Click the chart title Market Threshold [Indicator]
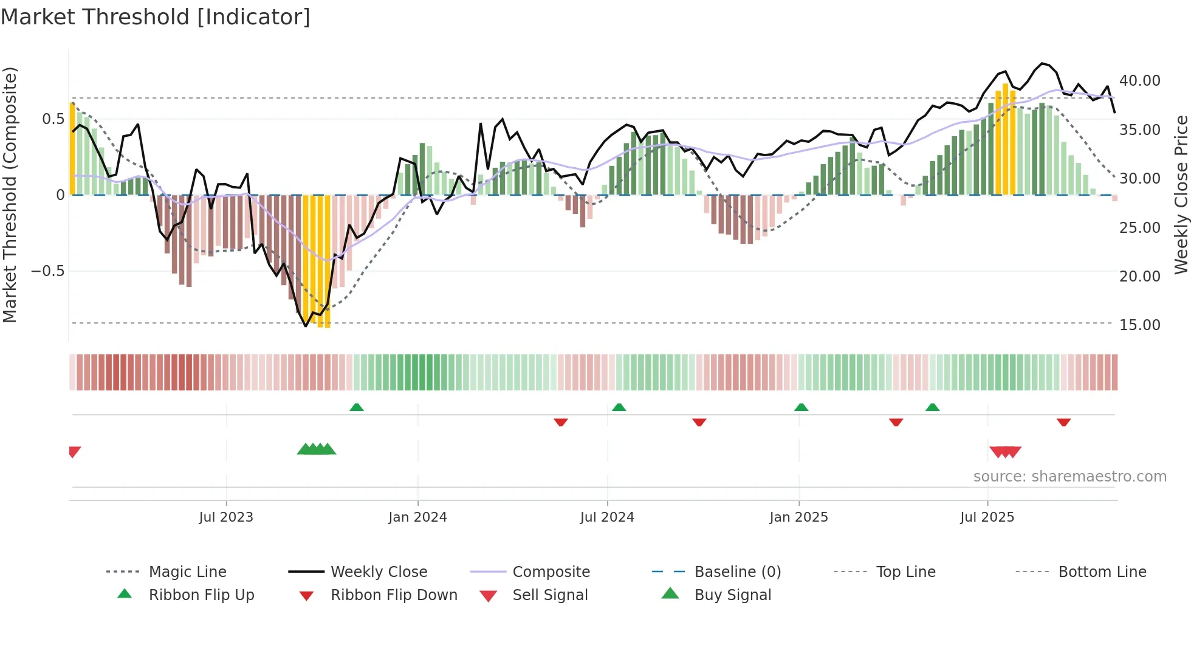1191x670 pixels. click(x=156, y=17)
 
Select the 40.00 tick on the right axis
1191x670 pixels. click(x=1139, y=81)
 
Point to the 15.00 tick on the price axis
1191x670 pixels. click(x=1139, y=325)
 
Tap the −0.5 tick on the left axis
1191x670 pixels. click(x=48, y=271)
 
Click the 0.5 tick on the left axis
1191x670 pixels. click(x=53, y=119)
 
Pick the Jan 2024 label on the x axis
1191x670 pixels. click(x=417, y=517)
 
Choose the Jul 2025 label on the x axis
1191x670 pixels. click(x=987, y=517)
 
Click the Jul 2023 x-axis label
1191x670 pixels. click(x=225, y=517)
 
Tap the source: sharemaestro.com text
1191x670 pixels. click(x=1069, y=477)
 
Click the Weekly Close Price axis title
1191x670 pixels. click(x=1181, y=195)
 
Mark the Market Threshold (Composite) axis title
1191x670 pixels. click(x=10, y=195)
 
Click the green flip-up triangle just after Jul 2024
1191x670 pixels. click(x=619, y=407)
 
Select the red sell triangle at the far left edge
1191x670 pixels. click(x=74, y=452)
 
